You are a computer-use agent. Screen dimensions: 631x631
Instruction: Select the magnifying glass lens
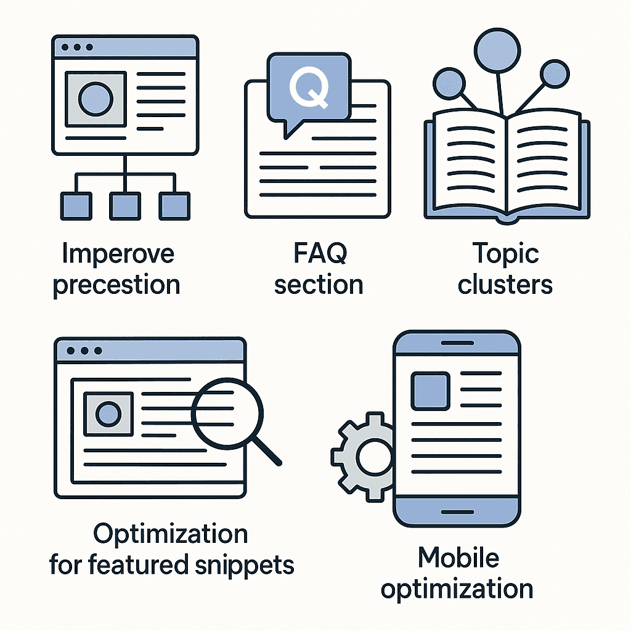(x=227, y=413)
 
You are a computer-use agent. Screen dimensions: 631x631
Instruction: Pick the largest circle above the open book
(x=497, y=51)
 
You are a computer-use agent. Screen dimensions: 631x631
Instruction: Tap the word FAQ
(x=320, y=253)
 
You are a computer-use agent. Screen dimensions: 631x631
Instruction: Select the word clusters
(x=505, y=285)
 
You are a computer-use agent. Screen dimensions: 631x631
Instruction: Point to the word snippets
(x=245, y=566)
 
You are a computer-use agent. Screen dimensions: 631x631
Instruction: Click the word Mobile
(x=458, y=558)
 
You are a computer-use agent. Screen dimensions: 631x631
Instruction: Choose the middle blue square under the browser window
(x=125, y=206)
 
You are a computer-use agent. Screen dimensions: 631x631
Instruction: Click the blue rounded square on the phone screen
(x=430, y=391)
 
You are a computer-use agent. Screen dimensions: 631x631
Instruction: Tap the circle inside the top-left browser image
(x=96, y=99)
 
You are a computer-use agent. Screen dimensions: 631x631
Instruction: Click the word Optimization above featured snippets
(x=170, y=534)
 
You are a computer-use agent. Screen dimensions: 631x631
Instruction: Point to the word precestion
(x=116, y=285)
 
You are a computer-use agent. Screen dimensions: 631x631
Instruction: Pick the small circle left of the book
(x=449, y=84)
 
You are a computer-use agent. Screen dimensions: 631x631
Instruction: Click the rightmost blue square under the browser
(x=174, y=206)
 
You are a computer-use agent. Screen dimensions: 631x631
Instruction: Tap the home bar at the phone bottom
(x=457, y=512)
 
